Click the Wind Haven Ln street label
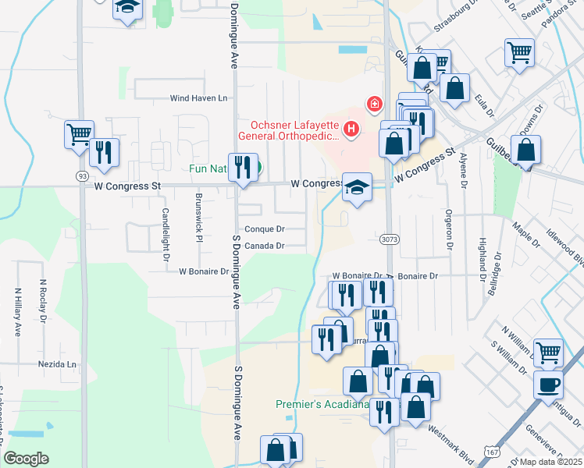point(199,98)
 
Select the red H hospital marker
point(351,128)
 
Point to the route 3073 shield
point(390,241)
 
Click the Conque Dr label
point(264,229)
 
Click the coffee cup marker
point(548,385)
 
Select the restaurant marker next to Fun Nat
point(243,168)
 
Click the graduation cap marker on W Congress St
point(357,187)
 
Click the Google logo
point(26,459)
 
